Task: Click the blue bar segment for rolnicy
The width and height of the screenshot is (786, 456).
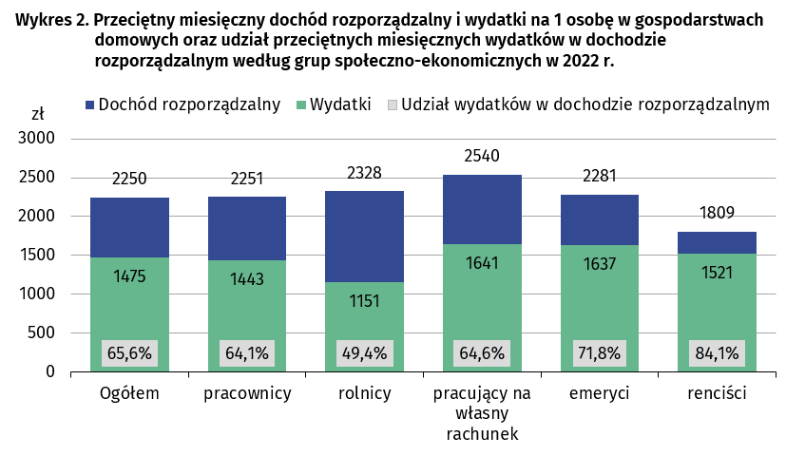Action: click(364, 236)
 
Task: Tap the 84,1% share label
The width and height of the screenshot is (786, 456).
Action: click(717, 353)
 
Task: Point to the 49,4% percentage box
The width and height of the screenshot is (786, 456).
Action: click(364, 353)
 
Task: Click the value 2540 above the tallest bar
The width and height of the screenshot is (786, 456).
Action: click(482, 156)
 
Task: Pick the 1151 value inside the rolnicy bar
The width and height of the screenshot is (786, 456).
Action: click(364, 301)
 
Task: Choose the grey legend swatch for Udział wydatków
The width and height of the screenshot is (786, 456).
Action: click(390, 104)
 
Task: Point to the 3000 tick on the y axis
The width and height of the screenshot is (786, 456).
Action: click(37, 139)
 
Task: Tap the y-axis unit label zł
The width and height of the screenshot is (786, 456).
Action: click(37, 114)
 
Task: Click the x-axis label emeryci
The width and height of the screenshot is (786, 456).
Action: click(600, 393)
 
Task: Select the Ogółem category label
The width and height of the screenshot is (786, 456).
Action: click(129, 393)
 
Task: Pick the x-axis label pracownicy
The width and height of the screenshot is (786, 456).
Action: click(247, 393)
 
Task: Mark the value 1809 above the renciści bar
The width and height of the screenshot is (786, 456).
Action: click(717, 212)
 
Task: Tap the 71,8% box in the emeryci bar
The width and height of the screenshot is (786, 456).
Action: click(600, 353)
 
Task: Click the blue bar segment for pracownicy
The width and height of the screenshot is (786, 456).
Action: click(247, 228)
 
